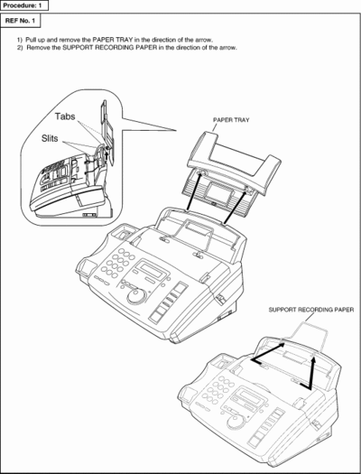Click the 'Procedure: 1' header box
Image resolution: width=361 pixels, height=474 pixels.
click(x=24, y=5)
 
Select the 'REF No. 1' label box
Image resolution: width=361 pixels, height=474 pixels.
click(x=20, y=21)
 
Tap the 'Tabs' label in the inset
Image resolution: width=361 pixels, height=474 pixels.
click(x=65, y=116)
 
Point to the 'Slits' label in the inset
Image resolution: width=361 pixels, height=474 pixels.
click(x=50, y=138)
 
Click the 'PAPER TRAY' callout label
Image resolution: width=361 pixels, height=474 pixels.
click(x=231, y=120)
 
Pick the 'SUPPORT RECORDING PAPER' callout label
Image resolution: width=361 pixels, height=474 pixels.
click(x=311, y=310)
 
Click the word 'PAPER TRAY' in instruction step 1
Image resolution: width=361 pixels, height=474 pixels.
click(x=113, y=40)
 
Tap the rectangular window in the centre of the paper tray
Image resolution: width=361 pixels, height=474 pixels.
click(x=216, y=191)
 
